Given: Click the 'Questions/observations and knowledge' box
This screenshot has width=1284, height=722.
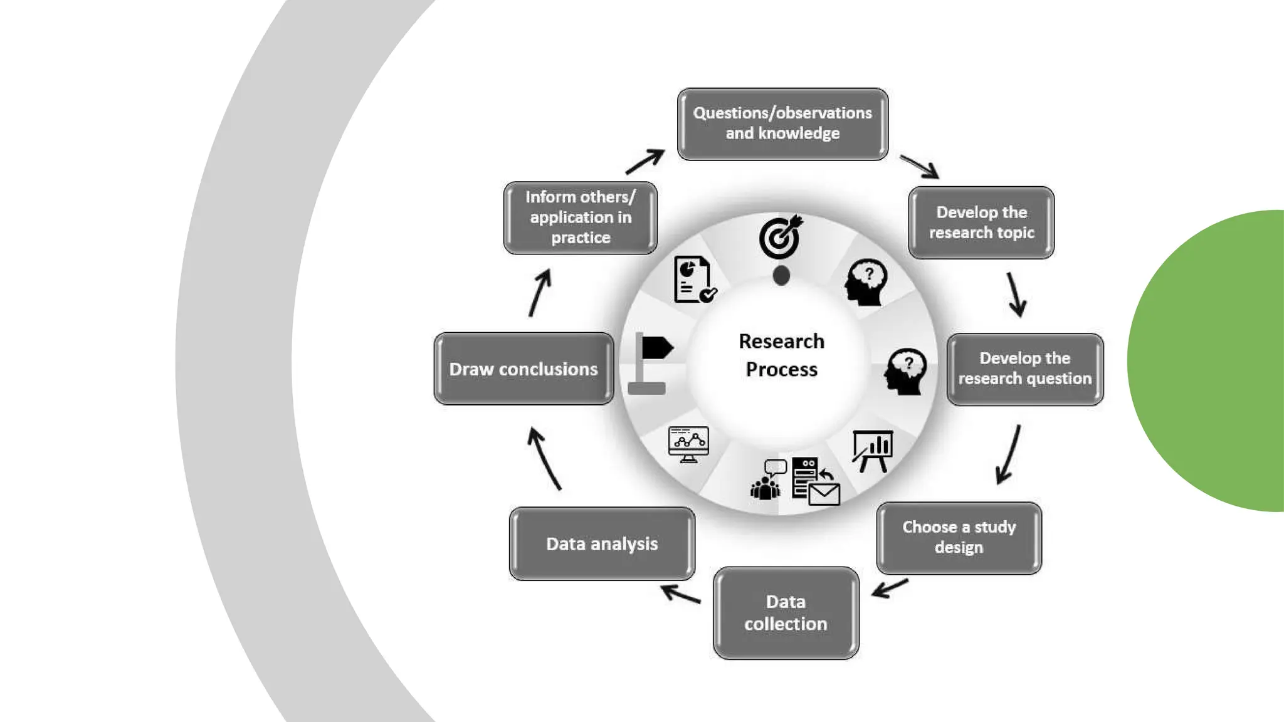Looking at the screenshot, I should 782,123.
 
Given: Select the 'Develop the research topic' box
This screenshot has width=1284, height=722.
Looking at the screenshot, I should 981,222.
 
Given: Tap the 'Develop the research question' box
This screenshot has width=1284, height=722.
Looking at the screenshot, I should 1024,369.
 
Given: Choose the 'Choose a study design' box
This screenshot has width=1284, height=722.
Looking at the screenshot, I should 959,537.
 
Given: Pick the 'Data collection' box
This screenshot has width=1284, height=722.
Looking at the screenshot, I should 786,612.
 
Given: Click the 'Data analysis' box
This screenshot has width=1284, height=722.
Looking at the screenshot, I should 602,543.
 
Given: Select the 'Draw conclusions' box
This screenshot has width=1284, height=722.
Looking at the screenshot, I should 524,369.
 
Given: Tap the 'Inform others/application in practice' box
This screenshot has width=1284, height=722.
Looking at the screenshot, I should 580,217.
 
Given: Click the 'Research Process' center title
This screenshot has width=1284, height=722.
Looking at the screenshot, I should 781,355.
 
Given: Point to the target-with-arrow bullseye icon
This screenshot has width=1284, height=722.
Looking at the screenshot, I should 780,237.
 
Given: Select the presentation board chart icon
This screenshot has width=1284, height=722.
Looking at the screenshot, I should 873,450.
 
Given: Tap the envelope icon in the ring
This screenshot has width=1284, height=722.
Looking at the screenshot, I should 824,494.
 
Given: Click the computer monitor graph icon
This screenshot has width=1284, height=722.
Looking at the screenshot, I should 688,444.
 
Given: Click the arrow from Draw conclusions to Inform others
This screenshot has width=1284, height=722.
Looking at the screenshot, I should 540,293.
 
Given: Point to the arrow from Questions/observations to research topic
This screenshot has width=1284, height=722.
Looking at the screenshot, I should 919,166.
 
